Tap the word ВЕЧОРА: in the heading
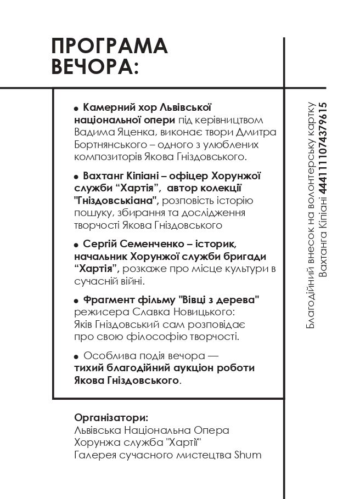(94, 67)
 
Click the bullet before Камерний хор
(76, 108)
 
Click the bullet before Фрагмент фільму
(76, 300)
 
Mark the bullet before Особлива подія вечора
(76, 356)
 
